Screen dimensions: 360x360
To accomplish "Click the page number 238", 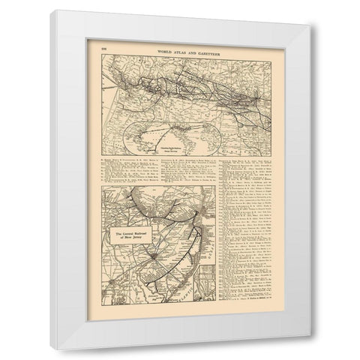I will click(x=105, y=48).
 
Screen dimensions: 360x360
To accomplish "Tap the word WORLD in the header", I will click(x=161, y=48).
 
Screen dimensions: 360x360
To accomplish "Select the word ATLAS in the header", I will click(x=178, y=48).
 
